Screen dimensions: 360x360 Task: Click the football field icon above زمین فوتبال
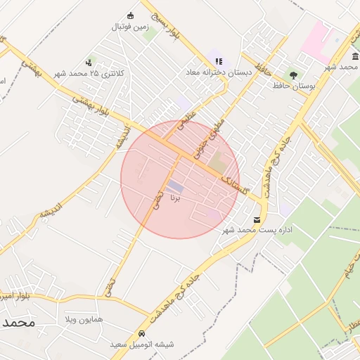(x=130, y=15)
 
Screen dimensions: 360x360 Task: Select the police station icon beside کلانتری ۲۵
(x=88, y=63)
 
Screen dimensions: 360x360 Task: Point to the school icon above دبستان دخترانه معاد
(x=219, y=61)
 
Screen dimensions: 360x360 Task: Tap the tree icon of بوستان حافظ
(x=293, y=74)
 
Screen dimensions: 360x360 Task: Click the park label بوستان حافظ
(x=293, y=85)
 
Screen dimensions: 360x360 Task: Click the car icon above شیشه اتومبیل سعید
(x=143, y=333)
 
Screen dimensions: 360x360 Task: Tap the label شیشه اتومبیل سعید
(x=142, y=345)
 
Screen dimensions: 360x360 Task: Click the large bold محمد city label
(x=18, y=323)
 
